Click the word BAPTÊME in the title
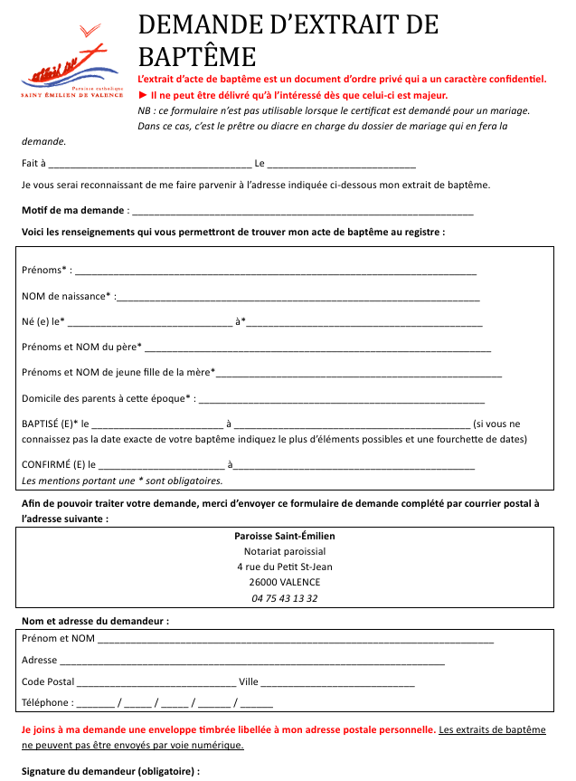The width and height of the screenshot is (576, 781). pos(197,57)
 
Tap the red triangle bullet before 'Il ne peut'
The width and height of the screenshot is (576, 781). pos(143,95)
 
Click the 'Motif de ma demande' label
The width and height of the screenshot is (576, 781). pos(73,211)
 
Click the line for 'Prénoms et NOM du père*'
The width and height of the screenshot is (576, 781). pos(317,347)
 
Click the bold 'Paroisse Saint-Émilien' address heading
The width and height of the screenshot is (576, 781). pos(284,536)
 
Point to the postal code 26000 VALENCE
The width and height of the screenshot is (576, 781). pos(284,582)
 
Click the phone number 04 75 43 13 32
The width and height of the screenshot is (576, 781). pos(284,598)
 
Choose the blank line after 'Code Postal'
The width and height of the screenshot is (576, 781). pos(156,682)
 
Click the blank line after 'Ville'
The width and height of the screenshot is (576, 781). pos(337,682)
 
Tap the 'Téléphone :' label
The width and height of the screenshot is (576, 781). pos(47,702)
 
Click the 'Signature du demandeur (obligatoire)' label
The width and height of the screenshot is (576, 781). pos(110,771)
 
